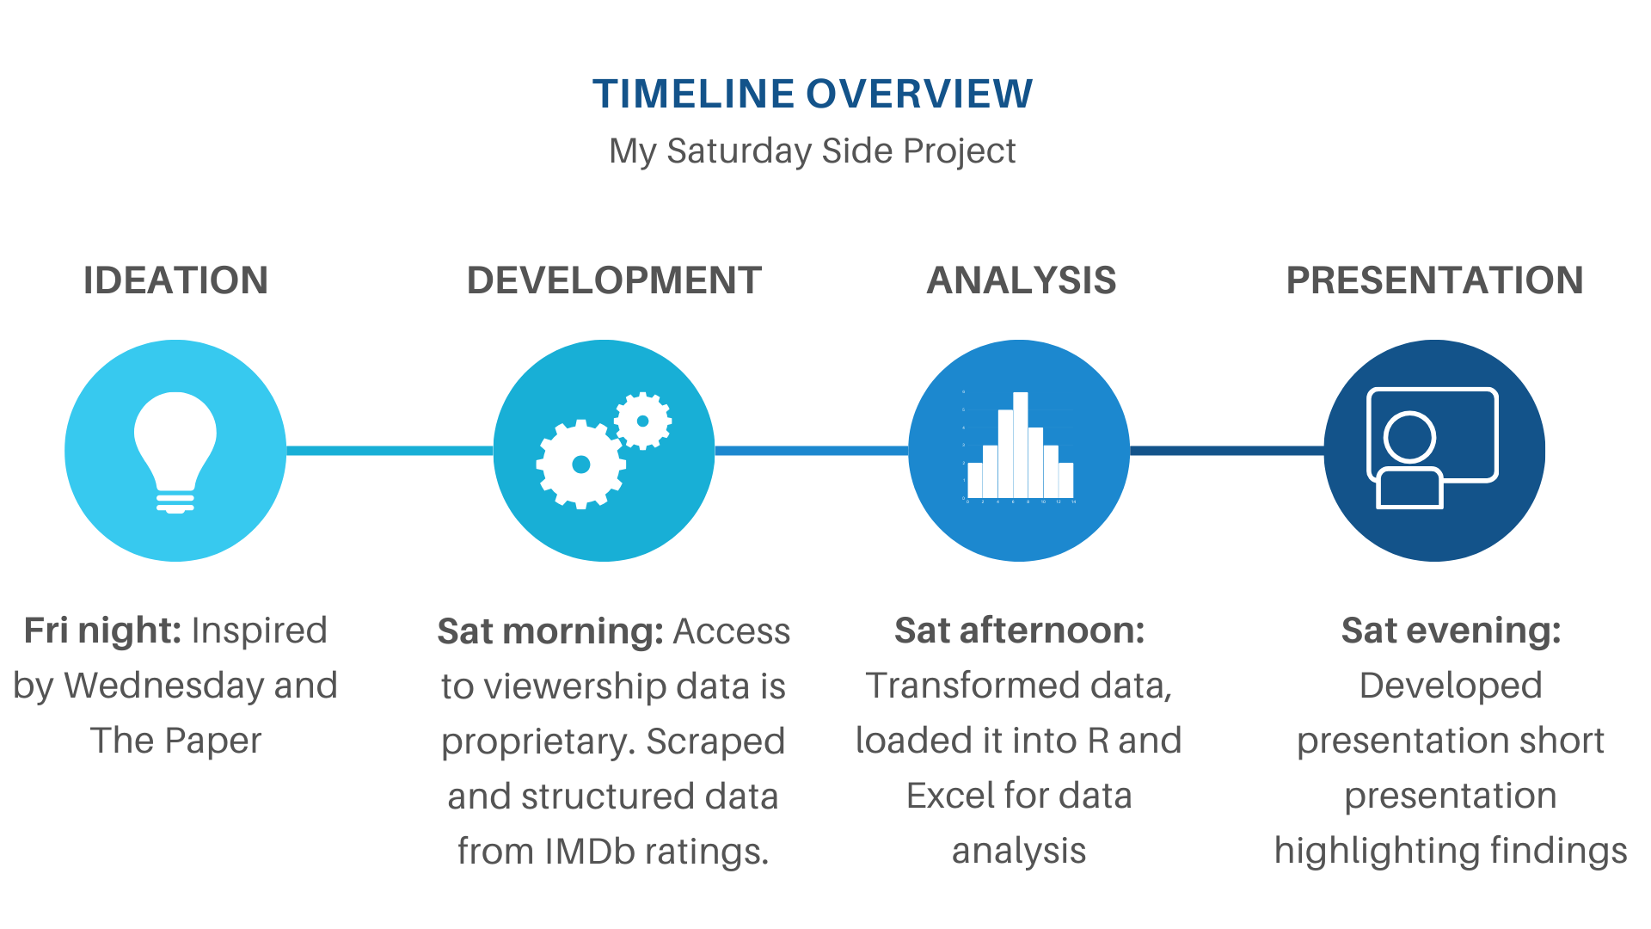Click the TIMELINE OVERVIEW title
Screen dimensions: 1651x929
tap(813, 94)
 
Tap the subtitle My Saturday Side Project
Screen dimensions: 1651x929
tap(813, 151)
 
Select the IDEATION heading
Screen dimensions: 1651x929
tap(175, 280)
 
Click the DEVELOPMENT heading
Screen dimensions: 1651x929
tap(614, 280)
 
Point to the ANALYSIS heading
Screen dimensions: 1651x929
tap(1022, 280)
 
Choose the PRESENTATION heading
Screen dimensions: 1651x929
tap(1434, 280)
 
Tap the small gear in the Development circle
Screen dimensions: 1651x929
tap(643, 421)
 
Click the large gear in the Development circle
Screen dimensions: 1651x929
tap(581, 464)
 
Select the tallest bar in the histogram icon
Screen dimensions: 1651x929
tap(1021, 445)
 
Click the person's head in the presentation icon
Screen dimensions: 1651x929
tap(1409, 438)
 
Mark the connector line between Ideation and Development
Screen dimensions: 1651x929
tap(390, 451)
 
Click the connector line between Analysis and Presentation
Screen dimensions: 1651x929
tap(1227, 451)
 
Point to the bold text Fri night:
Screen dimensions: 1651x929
tap(102, 631)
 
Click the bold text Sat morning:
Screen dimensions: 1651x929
tap(550, 631)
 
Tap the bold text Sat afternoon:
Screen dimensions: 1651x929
tap(1020, 631)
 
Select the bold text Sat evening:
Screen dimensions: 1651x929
tap(1452, 631)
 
